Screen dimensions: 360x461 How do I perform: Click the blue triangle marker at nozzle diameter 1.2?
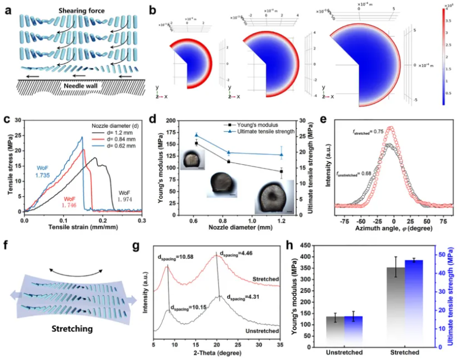281,155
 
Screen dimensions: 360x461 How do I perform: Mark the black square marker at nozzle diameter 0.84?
229,162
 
